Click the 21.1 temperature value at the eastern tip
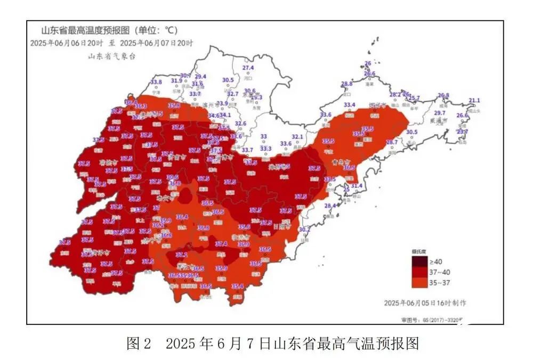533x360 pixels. (x=474, y=101)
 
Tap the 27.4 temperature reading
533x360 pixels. (x=248, y=68)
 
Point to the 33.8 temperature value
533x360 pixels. (x=156, y=82)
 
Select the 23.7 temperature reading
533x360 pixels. (x=463, y=132)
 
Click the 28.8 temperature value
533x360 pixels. (x=347, y=84)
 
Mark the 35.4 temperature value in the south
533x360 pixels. (x=238, y=286)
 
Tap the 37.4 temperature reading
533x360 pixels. (x=221, y=244)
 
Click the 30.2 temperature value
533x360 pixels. (x=304, y=230)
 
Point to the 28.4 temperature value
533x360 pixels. (x=330, y=206)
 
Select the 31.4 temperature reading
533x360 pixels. (x=357, y=186)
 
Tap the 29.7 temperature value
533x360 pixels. (x=440, y=113)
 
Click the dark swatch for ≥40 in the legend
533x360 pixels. (x=419, y=262)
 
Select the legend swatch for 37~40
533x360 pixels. (x=419, y=272)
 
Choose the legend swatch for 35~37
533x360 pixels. (x=419, y=282)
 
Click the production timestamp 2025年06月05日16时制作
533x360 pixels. (x=425, y=302)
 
